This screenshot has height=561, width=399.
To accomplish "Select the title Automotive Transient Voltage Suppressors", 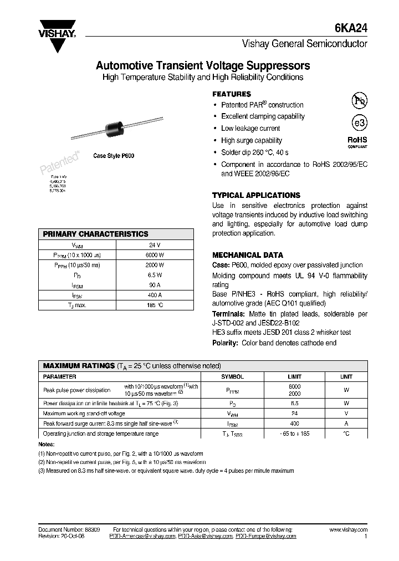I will pos(203,65).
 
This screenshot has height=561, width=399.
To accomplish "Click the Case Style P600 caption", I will pos(114,156).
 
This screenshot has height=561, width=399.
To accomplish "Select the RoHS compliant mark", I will pos(357,142).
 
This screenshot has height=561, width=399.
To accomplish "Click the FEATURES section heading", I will pos(232,94).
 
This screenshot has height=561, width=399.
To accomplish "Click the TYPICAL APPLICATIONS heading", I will pos(256,195).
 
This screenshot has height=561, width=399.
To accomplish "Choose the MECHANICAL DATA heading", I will pos(248,255).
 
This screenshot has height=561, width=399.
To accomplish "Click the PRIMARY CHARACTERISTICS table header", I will pos(95,234).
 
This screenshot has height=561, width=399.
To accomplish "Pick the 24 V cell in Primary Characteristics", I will pos(155,244).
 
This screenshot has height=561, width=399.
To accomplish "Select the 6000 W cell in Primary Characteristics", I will pos(155,254).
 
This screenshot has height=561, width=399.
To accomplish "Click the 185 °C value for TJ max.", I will pos(155,305).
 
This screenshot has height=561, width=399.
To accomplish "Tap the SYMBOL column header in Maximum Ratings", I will pos(232,376).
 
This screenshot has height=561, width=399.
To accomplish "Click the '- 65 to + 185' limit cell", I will pos(294,433).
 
